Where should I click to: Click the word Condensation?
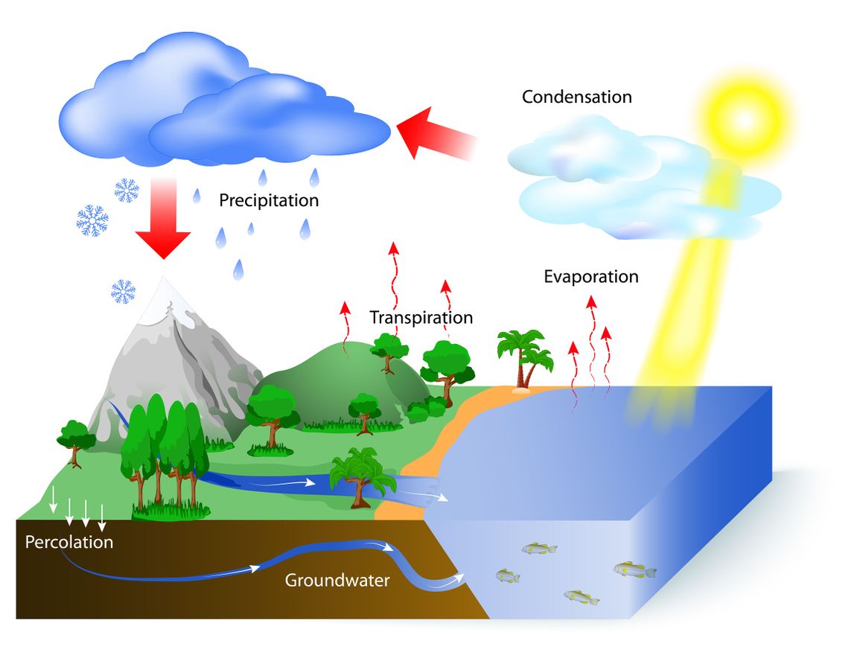coord(576,97)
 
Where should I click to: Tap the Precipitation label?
coord(269,200)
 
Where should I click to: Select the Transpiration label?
coord(421,318)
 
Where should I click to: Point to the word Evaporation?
coord(590,277)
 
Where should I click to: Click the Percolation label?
coord(69,542)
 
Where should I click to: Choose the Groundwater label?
coord(337,580)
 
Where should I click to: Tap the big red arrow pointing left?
coord(436,134)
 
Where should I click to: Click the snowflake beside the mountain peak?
coord(123,290)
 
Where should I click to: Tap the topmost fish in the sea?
coord(538,549)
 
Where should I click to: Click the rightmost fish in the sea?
coord(634,569)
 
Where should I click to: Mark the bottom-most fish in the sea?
coord(582,596)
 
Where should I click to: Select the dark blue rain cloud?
coord(223,104)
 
